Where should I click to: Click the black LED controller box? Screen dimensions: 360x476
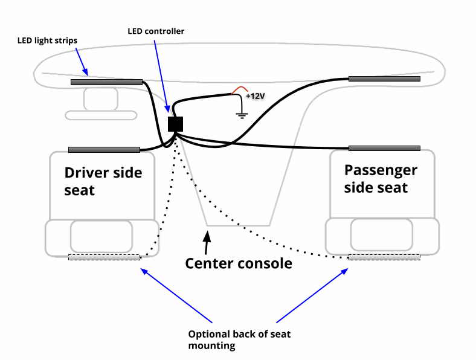pos(175,124)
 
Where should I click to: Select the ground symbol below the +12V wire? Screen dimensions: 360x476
pos(242,114)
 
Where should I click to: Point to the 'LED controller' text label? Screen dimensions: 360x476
pos(156,31)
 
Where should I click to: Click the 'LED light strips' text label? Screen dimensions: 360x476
pos(47,41)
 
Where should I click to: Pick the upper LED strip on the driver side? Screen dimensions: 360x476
pos(107,82)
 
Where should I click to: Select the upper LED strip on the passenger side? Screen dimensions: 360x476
pos(384,79)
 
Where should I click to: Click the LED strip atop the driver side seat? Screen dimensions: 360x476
pos(104,149)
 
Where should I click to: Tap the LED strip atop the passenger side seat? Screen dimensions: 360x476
pos(384,148)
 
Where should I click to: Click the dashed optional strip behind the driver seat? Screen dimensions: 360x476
pos(104,257)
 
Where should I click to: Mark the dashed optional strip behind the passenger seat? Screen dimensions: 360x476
pos(384,257)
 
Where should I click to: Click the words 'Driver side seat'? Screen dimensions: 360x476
pos(103,181)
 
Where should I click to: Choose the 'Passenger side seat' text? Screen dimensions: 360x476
pos(381,179)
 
